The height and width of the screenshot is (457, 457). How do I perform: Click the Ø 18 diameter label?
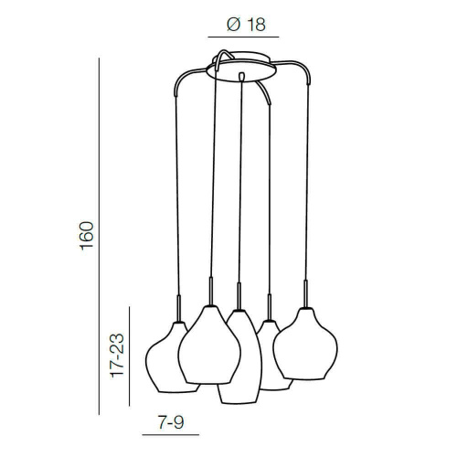click(246, 25)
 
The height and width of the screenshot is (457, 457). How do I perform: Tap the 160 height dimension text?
click(87, 236)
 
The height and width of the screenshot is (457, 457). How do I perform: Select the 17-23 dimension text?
click(117, 356)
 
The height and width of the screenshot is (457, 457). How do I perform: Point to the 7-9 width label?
click(171, 422)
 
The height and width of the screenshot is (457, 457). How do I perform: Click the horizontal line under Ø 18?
click(243, 37)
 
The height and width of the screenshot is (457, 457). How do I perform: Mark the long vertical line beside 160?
click(99, 236)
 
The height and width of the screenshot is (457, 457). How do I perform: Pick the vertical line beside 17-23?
click(129, 356)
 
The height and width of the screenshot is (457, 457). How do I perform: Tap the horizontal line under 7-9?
click(171, 435)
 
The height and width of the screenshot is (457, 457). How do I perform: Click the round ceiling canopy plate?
click(241, 70)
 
